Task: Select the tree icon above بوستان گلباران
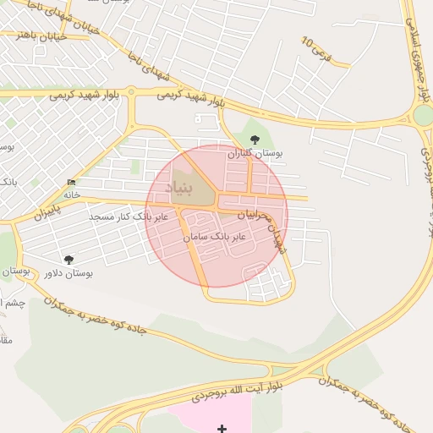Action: click(255, 140)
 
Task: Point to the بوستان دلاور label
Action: click(69, 273)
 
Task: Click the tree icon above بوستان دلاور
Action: click(69, 260)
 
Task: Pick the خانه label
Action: click(71, 195)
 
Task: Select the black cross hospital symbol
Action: click(222, 429)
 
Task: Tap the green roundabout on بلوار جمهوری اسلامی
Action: click(425, 114)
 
